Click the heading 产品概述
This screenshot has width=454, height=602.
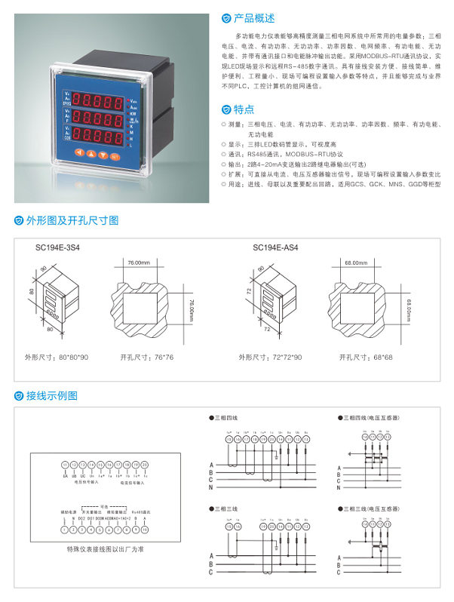[x=254, y=17]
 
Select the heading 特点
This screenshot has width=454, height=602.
[x=244, y=109]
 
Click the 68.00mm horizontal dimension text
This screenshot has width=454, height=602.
[x=357, y=263]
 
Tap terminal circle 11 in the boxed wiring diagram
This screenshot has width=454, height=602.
[x=64, y=465]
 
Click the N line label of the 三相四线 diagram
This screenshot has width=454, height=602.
[x=212, y=488]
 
